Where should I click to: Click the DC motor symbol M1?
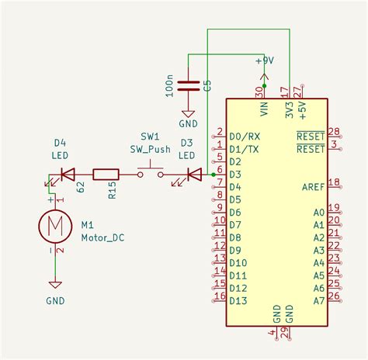click(55, 226)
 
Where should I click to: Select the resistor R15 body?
click(106, 175)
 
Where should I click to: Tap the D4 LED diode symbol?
click(67, 175)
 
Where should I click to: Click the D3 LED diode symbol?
click(194, 175)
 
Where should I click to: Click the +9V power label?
click(265, 61)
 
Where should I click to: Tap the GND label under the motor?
click(55, 300)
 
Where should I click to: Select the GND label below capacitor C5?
click(188, 123)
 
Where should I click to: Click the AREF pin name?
click(313, 186)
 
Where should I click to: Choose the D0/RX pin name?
click(245, 136)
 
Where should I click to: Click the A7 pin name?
click(318, 300)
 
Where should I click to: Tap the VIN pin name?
click(264, 111)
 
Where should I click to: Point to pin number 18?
click(335, 182)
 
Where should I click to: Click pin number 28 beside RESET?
click(335, 131)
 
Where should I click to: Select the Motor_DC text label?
click(102, 237)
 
